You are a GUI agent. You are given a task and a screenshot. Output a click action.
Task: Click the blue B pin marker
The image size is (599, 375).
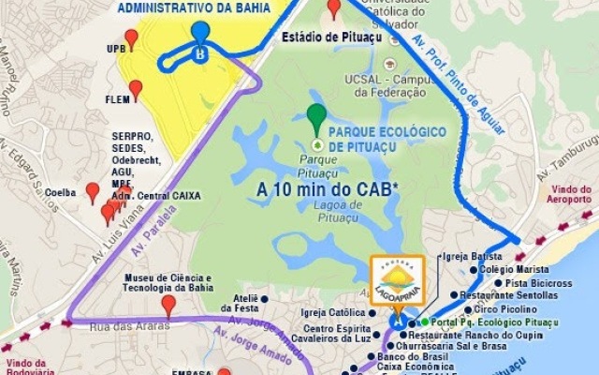200,36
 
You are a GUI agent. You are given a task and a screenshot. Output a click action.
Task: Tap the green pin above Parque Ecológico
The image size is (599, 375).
317,119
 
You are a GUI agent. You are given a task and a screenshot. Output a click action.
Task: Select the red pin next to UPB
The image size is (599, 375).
131,39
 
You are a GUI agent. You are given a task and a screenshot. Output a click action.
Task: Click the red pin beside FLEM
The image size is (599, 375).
136,90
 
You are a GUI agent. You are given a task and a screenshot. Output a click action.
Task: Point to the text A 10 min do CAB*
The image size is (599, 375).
328,188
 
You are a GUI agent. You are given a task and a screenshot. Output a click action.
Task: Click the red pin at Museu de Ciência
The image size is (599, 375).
168,306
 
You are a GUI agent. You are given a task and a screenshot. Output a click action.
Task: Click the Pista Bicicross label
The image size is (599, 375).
538,282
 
